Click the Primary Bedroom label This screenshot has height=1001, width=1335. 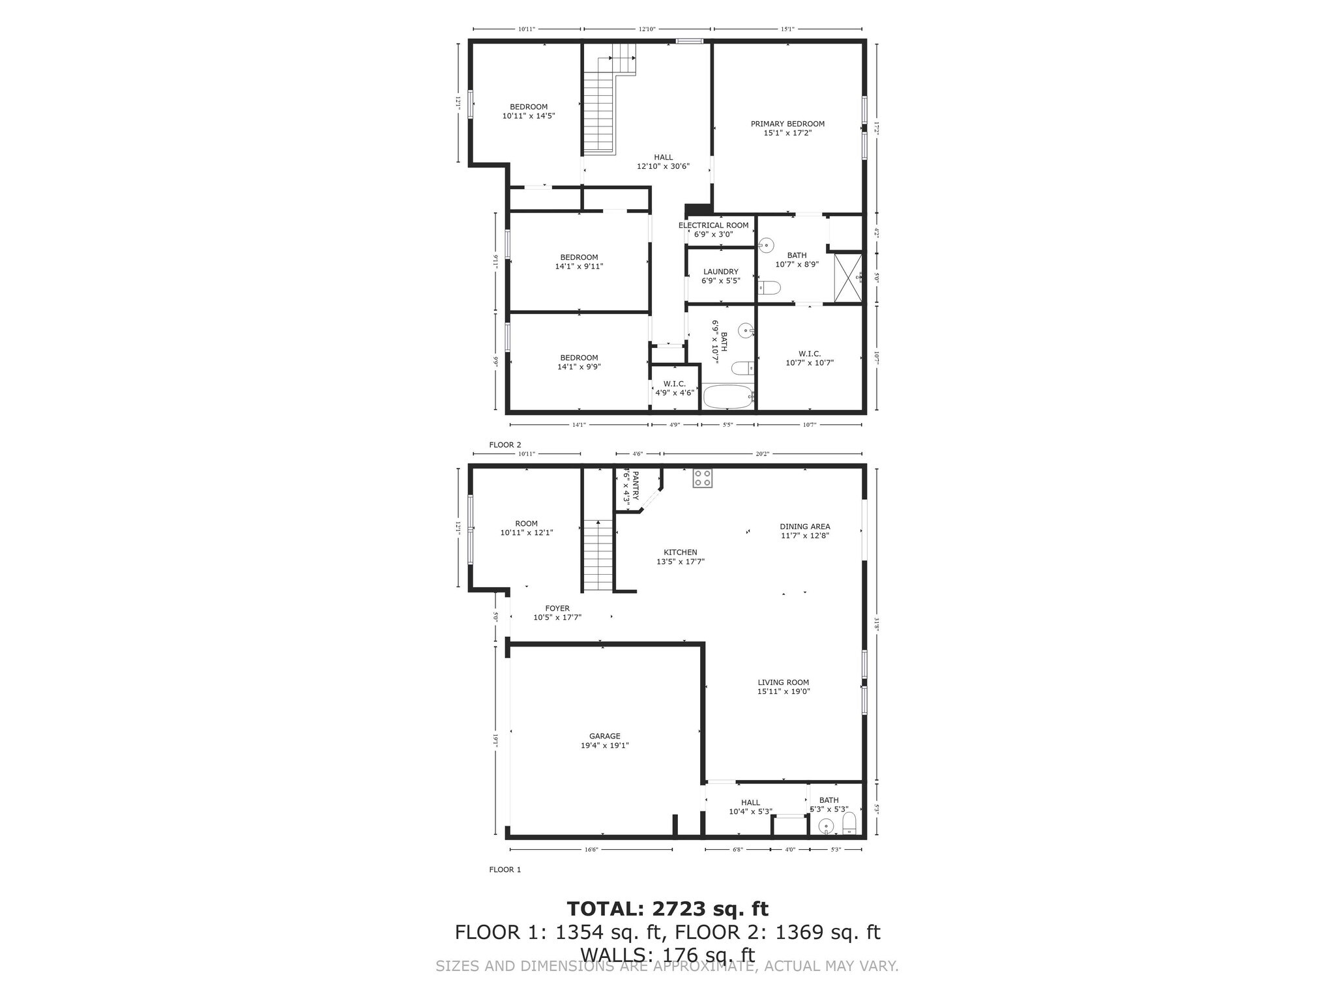tap(787, 124)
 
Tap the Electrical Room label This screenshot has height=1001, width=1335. tap(713, 225)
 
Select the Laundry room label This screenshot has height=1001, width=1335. tap(720, 272)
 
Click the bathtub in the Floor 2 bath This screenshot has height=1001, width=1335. tap(727, 396)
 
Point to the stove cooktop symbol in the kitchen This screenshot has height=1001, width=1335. tap(702, 478)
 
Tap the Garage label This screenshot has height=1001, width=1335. tap(604, 736)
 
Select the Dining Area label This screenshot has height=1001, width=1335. tap(804, 527)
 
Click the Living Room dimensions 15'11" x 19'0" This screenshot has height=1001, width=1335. tap(783, 692)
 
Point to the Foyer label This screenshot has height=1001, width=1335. tap(557, 608)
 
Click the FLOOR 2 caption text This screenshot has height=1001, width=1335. tap(505, 445)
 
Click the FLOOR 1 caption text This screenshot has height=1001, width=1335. tap(505, 869)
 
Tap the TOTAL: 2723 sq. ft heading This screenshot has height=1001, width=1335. tap(667, 908)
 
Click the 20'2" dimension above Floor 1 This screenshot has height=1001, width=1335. tap(763, 454)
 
